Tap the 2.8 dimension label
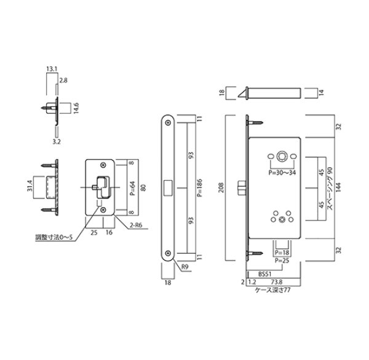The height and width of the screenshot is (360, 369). point(63,80)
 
